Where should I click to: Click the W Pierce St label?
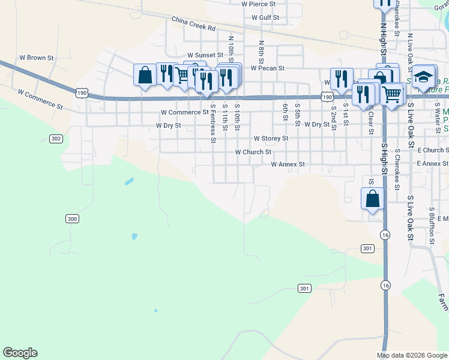pos(259,4)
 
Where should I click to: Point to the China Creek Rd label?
pos(193,23)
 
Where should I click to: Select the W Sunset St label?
pos(204,55)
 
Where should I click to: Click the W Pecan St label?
pos(267,68)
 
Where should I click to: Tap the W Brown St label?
pos(37,58)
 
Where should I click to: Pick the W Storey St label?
pos(271,138)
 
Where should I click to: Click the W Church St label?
pos(253,152)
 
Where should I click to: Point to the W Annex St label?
pos(288,164)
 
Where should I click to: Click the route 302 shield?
pos(56,139)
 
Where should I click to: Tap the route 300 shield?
pos(72,219)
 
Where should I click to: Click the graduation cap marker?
pos(423,77)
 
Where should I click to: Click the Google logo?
pos(20,353)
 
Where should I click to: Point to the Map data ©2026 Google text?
pos(411,355)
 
